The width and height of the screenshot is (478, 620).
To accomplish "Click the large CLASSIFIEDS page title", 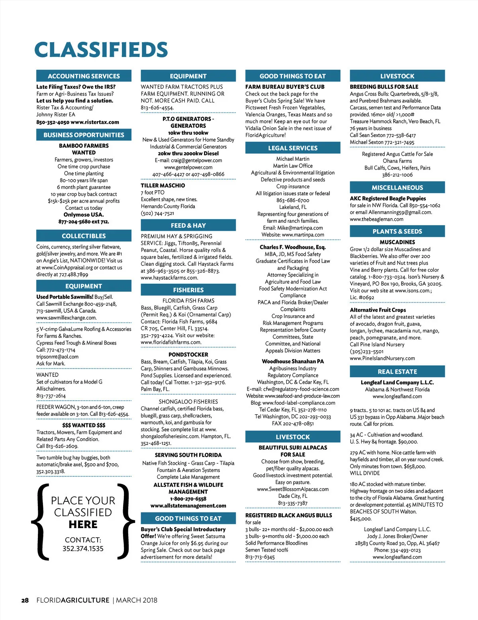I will coord(101,50).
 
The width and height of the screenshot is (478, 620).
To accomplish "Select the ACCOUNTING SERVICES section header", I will coord(84,76).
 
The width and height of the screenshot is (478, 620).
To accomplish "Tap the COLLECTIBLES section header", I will coord(84,236).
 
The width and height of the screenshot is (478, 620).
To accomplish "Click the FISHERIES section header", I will coord(188,290).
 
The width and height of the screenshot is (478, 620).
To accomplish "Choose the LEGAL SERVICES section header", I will coord(293,148).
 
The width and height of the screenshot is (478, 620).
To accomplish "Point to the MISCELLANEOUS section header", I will coord(397,187).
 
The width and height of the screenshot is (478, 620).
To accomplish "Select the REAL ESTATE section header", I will coord(397,372).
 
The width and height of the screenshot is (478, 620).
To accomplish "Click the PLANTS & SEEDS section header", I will coord(397,231).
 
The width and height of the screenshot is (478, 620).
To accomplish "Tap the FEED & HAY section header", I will coord(188,226).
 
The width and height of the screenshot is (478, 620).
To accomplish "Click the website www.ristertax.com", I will coord(95,122).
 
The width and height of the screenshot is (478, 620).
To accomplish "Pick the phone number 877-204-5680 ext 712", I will coord(84,222).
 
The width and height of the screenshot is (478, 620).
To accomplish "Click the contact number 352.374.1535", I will coord(83,549).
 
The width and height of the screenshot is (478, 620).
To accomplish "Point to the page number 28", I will coord(25,600).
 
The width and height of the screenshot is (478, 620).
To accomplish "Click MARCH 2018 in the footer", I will coord(137,600).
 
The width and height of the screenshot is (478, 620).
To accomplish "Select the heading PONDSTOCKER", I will coord(188,355).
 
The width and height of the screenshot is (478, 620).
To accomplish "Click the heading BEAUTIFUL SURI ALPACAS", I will coord(293,448).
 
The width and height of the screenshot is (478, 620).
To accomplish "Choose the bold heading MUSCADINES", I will coord(397,242).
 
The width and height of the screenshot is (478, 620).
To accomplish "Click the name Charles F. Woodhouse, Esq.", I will coord(293,247).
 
